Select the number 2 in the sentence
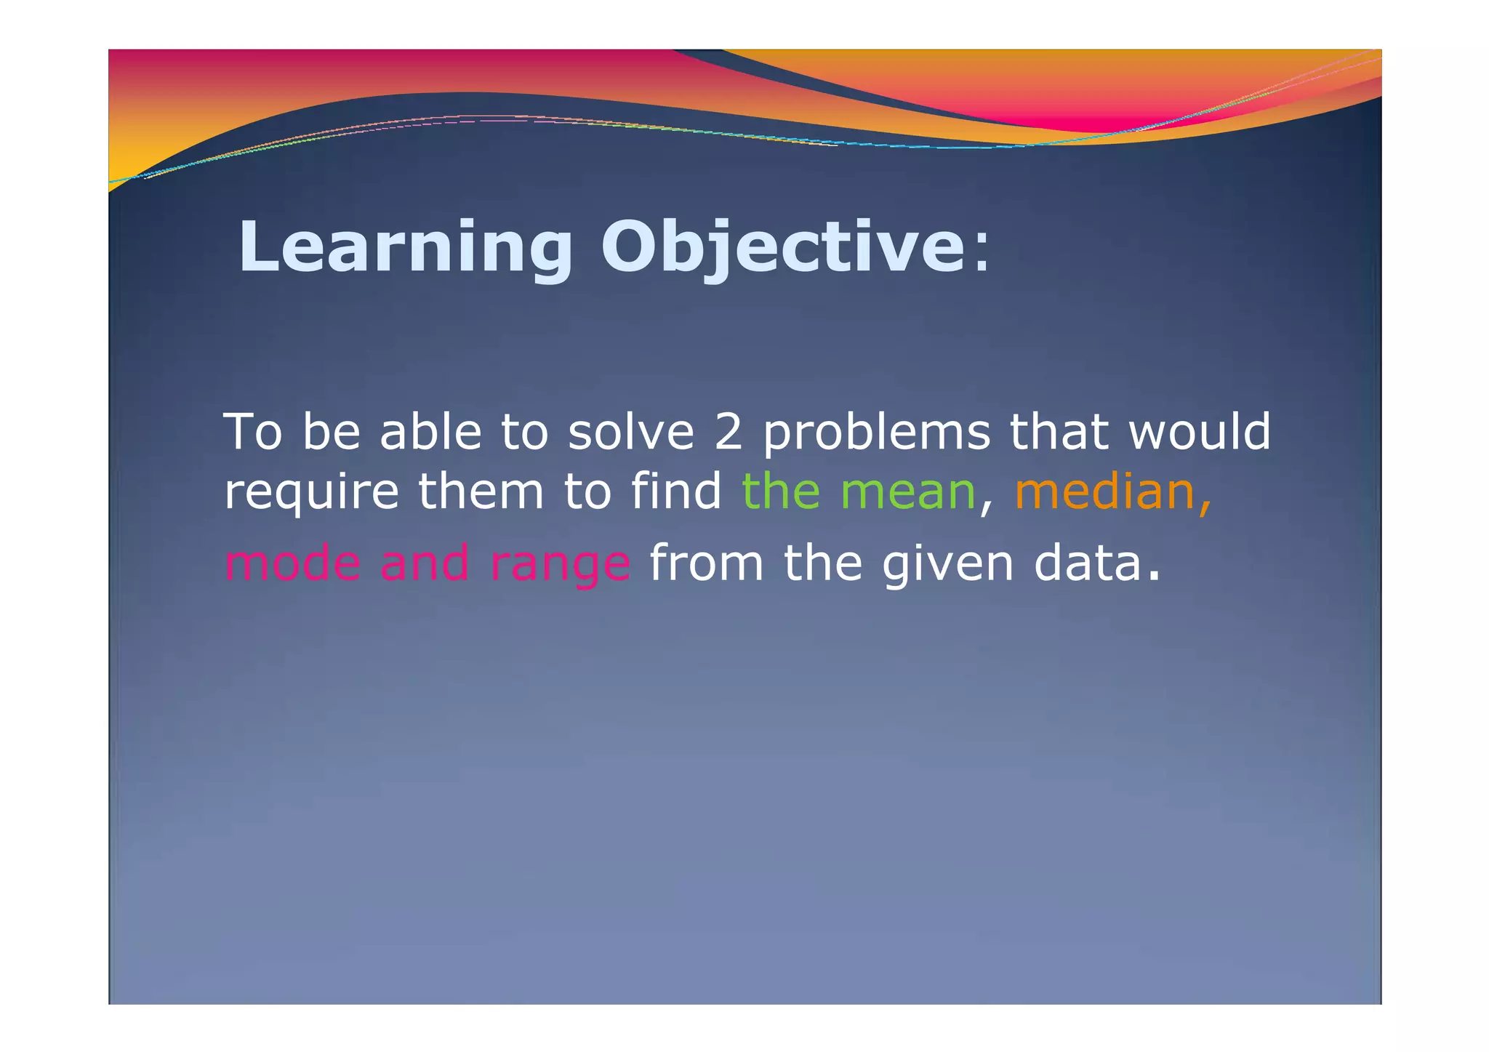[x=728, y=431]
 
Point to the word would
[x=1199, y=431]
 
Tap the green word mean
[x=907, y=491]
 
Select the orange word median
[x=1105, y=491]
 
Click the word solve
[x=630, y=431]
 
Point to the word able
[x=430, y=431]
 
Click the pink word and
[x=425, y=563]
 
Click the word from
[x=706, y=563]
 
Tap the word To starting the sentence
[x=252, y=431]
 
